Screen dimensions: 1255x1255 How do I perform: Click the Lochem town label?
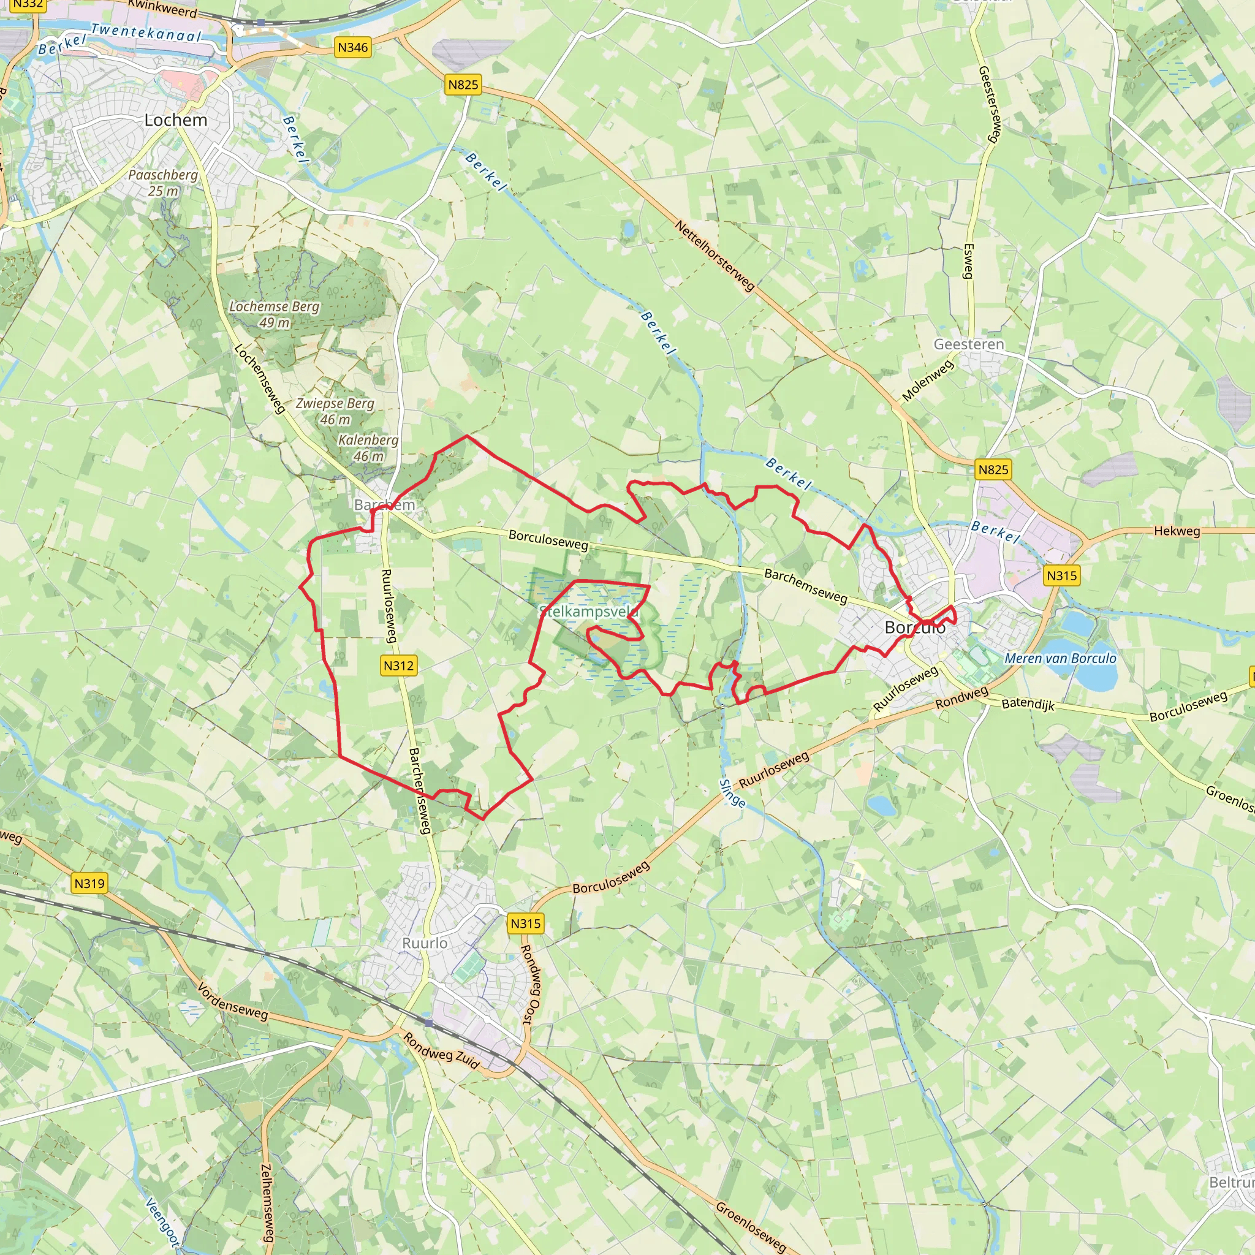pos(175,120)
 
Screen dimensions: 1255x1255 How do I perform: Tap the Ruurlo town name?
pos(425,943)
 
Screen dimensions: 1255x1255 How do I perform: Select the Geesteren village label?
pos(969,344)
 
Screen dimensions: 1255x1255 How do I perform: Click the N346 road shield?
pos(353,47)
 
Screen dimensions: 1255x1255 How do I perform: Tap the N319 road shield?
pos(89,884)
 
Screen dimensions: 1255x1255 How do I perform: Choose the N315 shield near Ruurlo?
pos(525,923)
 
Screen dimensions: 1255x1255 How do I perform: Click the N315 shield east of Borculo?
pos(1062,575)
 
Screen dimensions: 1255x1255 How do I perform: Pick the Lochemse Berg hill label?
pos(274,314)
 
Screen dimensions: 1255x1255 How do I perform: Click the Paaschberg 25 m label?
pos(162,183)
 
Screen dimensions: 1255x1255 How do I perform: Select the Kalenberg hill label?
pos(368,447)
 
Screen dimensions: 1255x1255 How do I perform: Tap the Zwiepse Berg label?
pos(335,411)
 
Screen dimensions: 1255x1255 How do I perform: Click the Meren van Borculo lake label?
pos(1060,658)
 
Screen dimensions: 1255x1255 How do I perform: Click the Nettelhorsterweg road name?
pos(715,256)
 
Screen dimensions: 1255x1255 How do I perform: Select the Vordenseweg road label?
pos(232,1002)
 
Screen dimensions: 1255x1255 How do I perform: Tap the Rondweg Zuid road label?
pos(441,1051)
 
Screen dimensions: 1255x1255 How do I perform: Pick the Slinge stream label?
pos(732,793)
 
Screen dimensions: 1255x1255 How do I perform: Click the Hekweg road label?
pos(1177,531)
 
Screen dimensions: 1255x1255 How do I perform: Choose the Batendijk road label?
pos(1028,704)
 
